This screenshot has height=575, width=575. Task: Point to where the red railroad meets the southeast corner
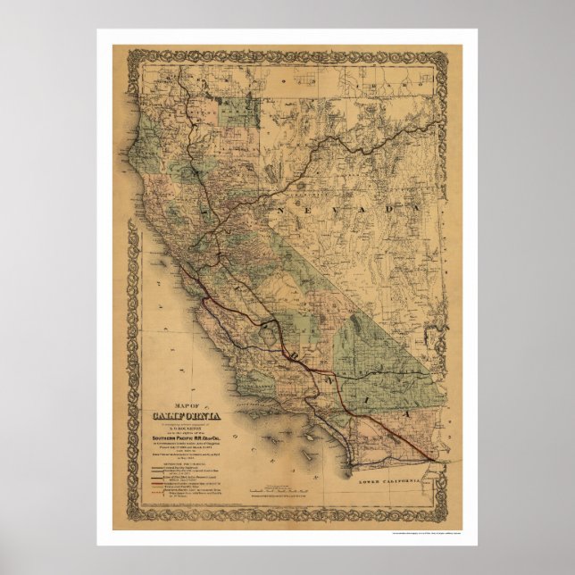click(435, 459)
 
